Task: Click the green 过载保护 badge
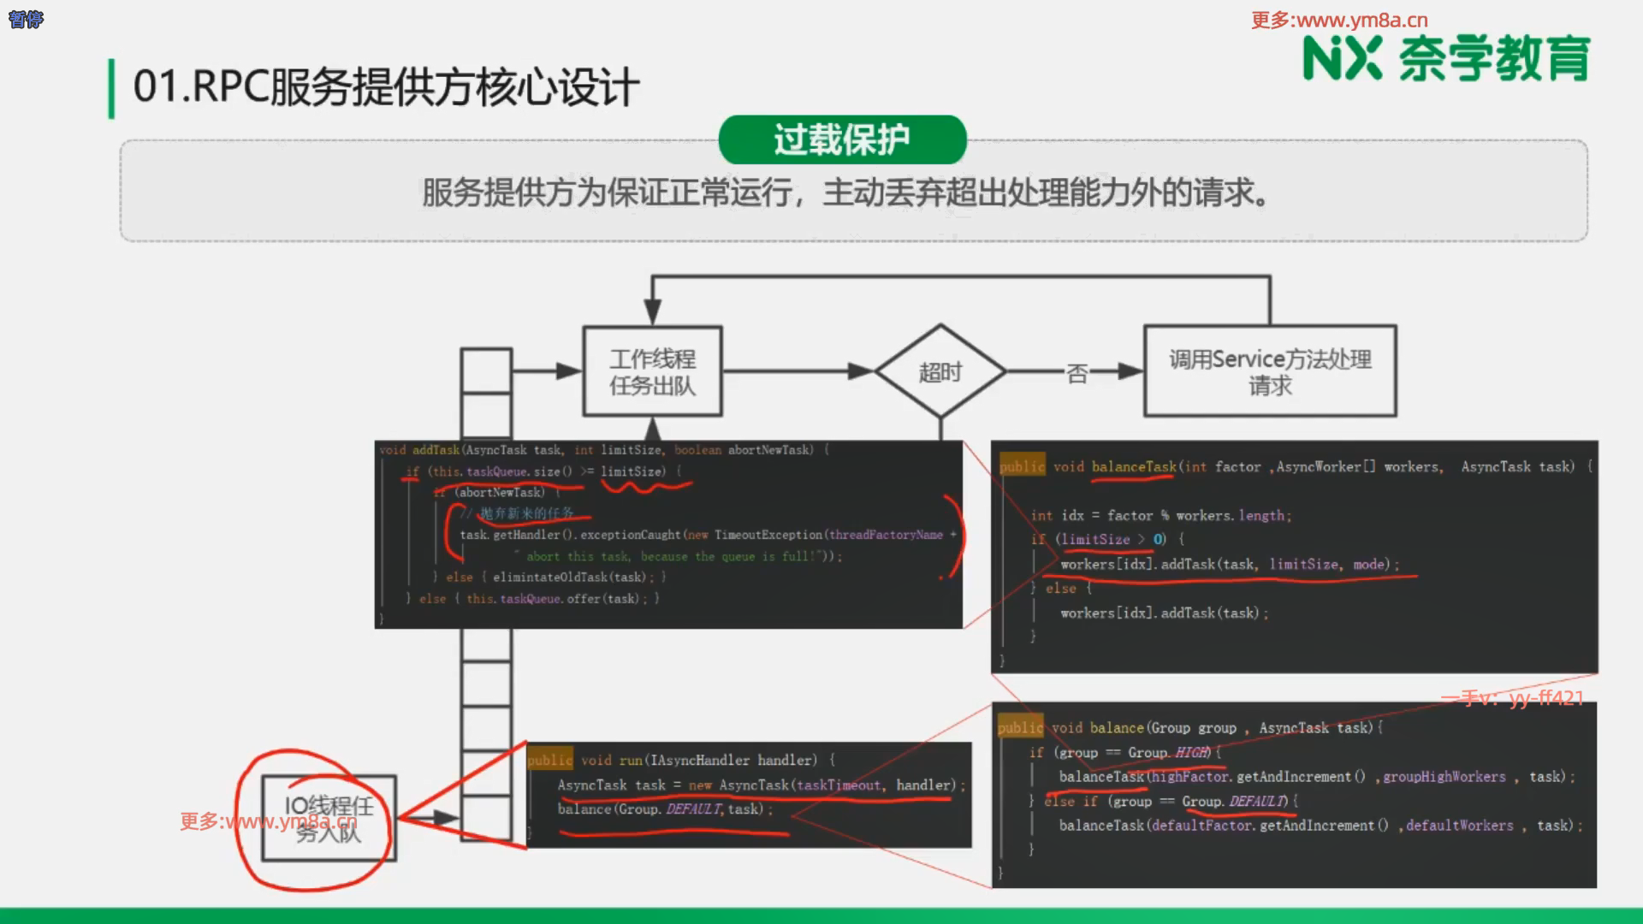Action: pos(842,139)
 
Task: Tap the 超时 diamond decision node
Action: pos(940,372)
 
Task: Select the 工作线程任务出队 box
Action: pos(652,372)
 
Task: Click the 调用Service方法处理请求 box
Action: pos(1270,372)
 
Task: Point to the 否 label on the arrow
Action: pos(1077,373)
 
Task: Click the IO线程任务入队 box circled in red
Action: pos(329,819)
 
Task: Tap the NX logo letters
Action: pos(1342,59)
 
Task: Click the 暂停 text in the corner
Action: pos(26,19)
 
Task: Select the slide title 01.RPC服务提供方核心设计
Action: pos(386,87)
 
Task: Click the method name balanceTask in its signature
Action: pos(1134,467)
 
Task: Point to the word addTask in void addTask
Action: pos(436,450)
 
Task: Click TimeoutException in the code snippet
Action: pos(768,535)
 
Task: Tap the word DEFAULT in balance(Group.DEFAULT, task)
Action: pos(692,809)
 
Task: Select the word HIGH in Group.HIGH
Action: pos(1191,753)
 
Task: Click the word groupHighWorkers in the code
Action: pos(1444,777)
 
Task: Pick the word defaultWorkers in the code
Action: pos(1459,826)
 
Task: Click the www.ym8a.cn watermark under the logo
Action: pos(1339,20)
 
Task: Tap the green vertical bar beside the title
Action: pos(111,88)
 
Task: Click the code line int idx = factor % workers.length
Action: pos(1160,516)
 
